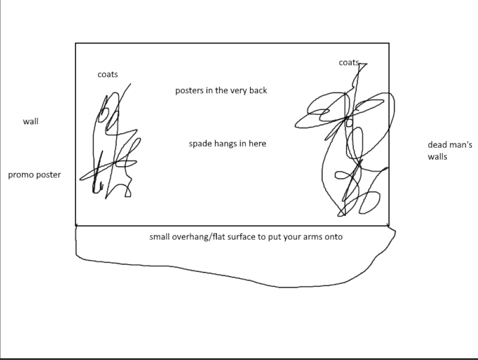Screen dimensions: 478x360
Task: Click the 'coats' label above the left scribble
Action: [108, 74]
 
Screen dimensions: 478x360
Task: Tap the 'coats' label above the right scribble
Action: [349, 62]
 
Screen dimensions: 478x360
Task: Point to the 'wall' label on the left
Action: [30, 121]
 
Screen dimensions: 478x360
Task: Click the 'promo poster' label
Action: [34, 175]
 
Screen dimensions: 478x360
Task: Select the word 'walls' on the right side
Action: [438, 157]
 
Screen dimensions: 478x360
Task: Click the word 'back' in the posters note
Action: [258, 90]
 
